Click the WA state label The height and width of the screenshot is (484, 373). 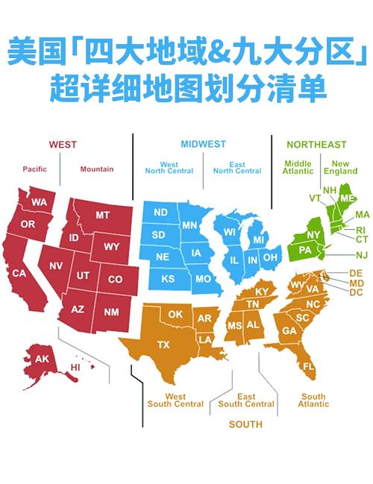39,203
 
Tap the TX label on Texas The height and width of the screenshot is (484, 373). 164,344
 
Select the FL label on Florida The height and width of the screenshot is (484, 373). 309,368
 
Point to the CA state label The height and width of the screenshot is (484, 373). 19,274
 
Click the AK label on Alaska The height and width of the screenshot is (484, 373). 42,359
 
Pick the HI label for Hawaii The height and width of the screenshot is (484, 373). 75,368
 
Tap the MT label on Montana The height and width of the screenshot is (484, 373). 102,215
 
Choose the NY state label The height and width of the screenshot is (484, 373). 292,235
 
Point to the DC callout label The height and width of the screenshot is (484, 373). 356,292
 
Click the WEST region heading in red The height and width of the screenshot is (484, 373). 63,145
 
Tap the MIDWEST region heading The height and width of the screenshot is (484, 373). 203,144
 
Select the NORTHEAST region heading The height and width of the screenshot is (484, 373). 317,145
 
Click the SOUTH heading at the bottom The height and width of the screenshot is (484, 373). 245,424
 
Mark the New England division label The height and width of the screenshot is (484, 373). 340,167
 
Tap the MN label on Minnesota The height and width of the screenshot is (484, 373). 189,224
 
